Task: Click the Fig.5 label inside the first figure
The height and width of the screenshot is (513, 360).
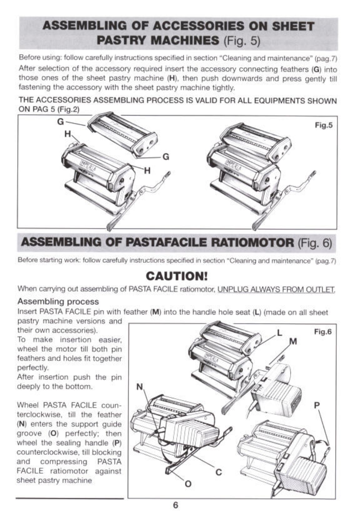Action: pos(323,124)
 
